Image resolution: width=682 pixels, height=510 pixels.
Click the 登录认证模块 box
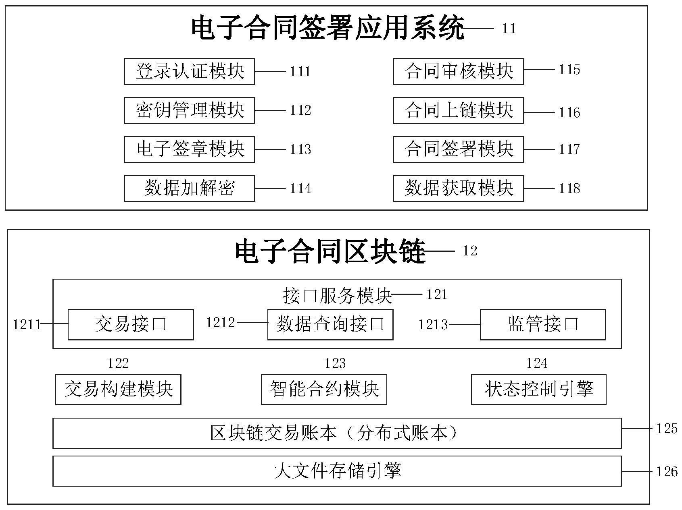[189, 72]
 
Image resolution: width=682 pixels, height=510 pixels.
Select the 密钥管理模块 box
[189, 110]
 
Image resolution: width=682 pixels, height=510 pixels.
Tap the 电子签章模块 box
[189, 149]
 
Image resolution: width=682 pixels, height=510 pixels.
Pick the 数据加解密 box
[189, 188]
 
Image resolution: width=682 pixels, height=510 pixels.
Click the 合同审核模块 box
[458, 72]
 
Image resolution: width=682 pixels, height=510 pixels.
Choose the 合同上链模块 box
[458, 110]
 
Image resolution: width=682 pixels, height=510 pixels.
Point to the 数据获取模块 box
[458, 188]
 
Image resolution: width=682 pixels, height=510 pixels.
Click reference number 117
[569, 149]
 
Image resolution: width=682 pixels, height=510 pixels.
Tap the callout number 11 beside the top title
[509, 29]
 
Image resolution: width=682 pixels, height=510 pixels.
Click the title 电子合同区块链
[330, 252]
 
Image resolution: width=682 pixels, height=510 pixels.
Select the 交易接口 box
[130, 325]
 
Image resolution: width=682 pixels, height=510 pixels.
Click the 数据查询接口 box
[330, 325]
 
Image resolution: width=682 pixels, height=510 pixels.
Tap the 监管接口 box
[542, 325]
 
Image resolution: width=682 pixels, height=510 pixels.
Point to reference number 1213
[433, 325]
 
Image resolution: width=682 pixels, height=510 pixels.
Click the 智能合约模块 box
[324, 390]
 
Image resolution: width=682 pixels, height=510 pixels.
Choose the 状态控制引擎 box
[538, 390]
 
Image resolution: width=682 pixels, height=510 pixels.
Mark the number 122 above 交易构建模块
[118, 363]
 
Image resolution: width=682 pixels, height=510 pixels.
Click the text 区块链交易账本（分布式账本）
[335, 433]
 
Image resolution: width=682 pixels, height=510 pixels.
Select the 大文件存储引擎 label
[337, 471]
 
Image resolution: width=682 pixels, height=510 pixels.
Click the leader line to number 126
[636, 471]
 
